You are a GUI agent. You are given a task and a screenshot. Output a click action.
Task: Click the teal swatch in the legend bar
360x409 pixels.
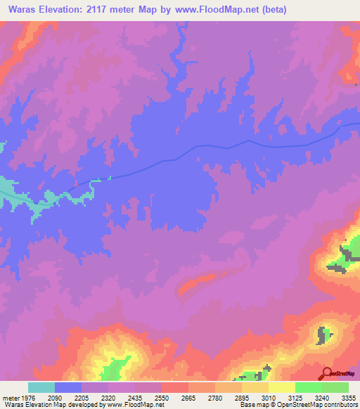coord(41,387)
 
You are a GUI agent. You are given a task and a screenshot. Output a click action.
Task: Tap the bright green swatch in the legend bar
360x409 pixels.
coord(308,387)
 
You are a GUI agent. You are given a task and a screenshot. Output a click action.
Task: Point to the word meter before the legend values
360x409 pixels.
coord(10,396)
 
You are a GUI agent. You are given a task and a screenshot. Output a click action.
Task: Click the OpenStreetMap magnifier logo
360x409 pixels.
coord(327,373)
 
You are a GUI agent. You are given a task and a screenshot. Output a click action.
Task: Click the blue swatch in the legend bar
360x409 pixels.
coord(68,387)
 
